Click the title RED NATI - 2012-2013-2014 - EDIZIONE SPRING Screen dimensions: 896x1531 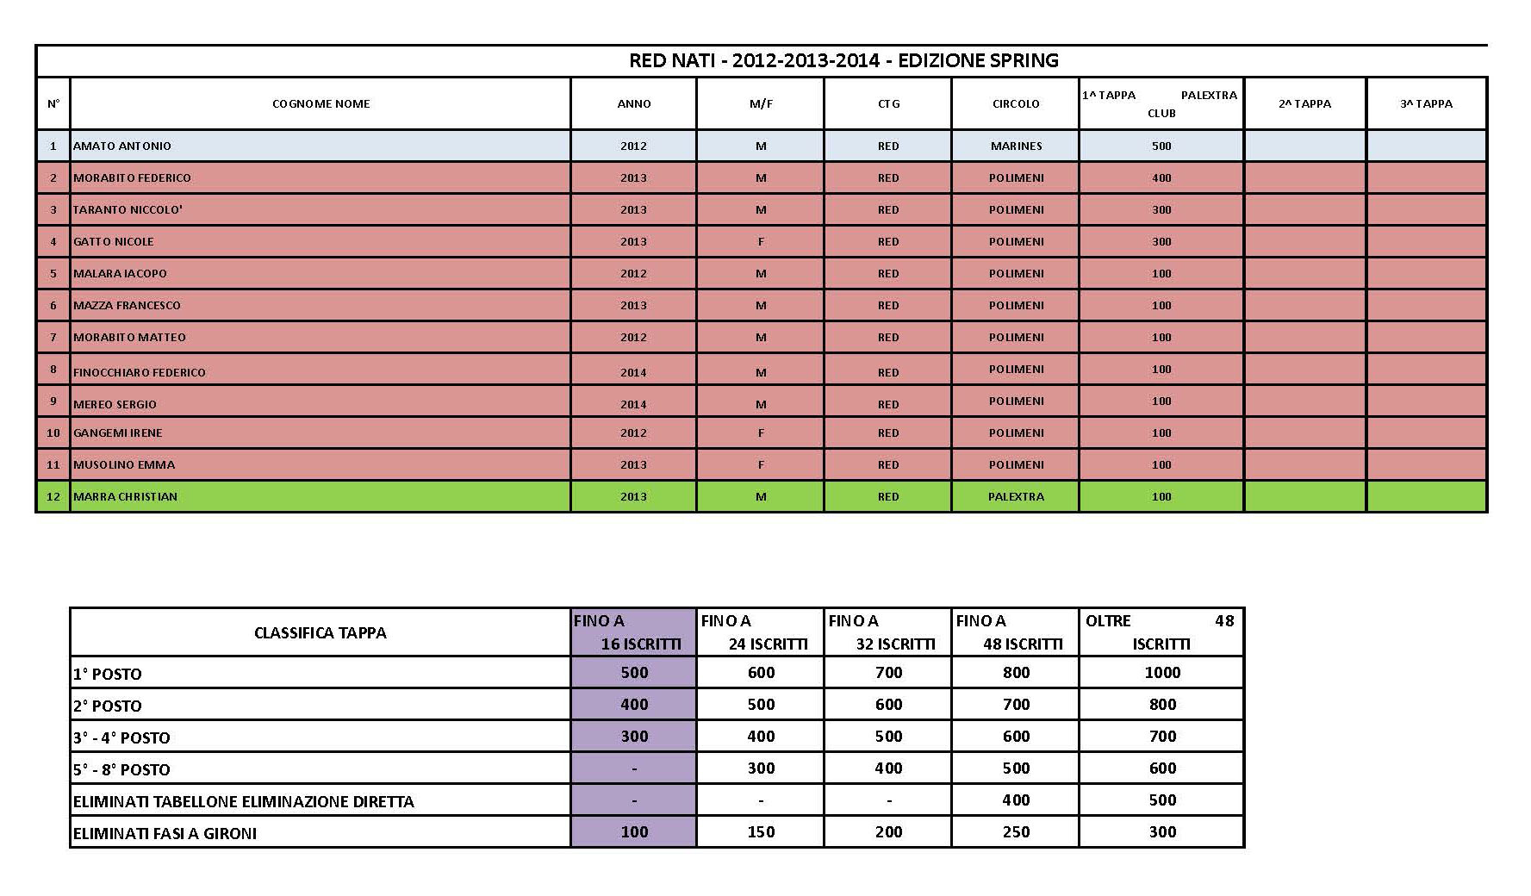point(843,60)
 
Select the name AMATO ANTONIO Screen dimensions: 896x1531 point(122,146)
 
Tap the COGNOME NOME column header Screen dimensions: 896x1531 point(321,104)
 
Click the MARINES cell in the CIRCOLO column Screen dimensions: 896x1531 point(1016,146)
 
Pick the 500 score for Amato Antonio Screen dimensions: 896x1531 point(1161,146)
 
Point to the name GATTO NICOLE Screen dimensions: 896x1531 point(114,242)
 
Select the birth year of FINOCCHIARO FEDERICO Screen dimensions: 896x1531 point(633,372)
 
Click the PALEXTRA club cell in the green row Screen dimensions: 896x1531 point(1016,497)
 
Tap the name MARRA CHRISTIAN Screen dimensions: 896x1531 point(126,497)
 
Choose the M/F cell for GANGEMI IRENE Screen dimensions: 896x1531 point(761,433)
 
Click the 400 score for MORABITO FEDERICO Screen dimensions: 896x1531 point(1161,178)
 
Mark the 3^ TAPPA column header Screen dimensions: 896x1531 point(1426,104)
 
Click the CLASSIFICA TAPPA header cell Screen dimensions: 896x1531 point(321,633)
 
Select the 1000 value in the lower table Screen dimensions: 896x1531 point(1161,673)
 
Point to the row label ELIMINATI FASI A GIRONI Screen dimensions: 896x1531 point(165,833)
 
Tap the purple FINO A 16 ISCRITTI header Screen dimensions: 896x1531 point(633,632)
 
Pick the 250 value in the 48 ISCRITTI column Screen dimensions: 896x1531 point(1016,832)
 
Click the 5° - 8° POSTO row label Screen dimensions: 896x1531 point(121,769)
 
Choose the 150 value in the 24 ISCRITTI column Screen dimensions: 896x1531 point(761,832)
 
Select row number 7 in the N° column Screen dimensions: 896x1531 point(53,338)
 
